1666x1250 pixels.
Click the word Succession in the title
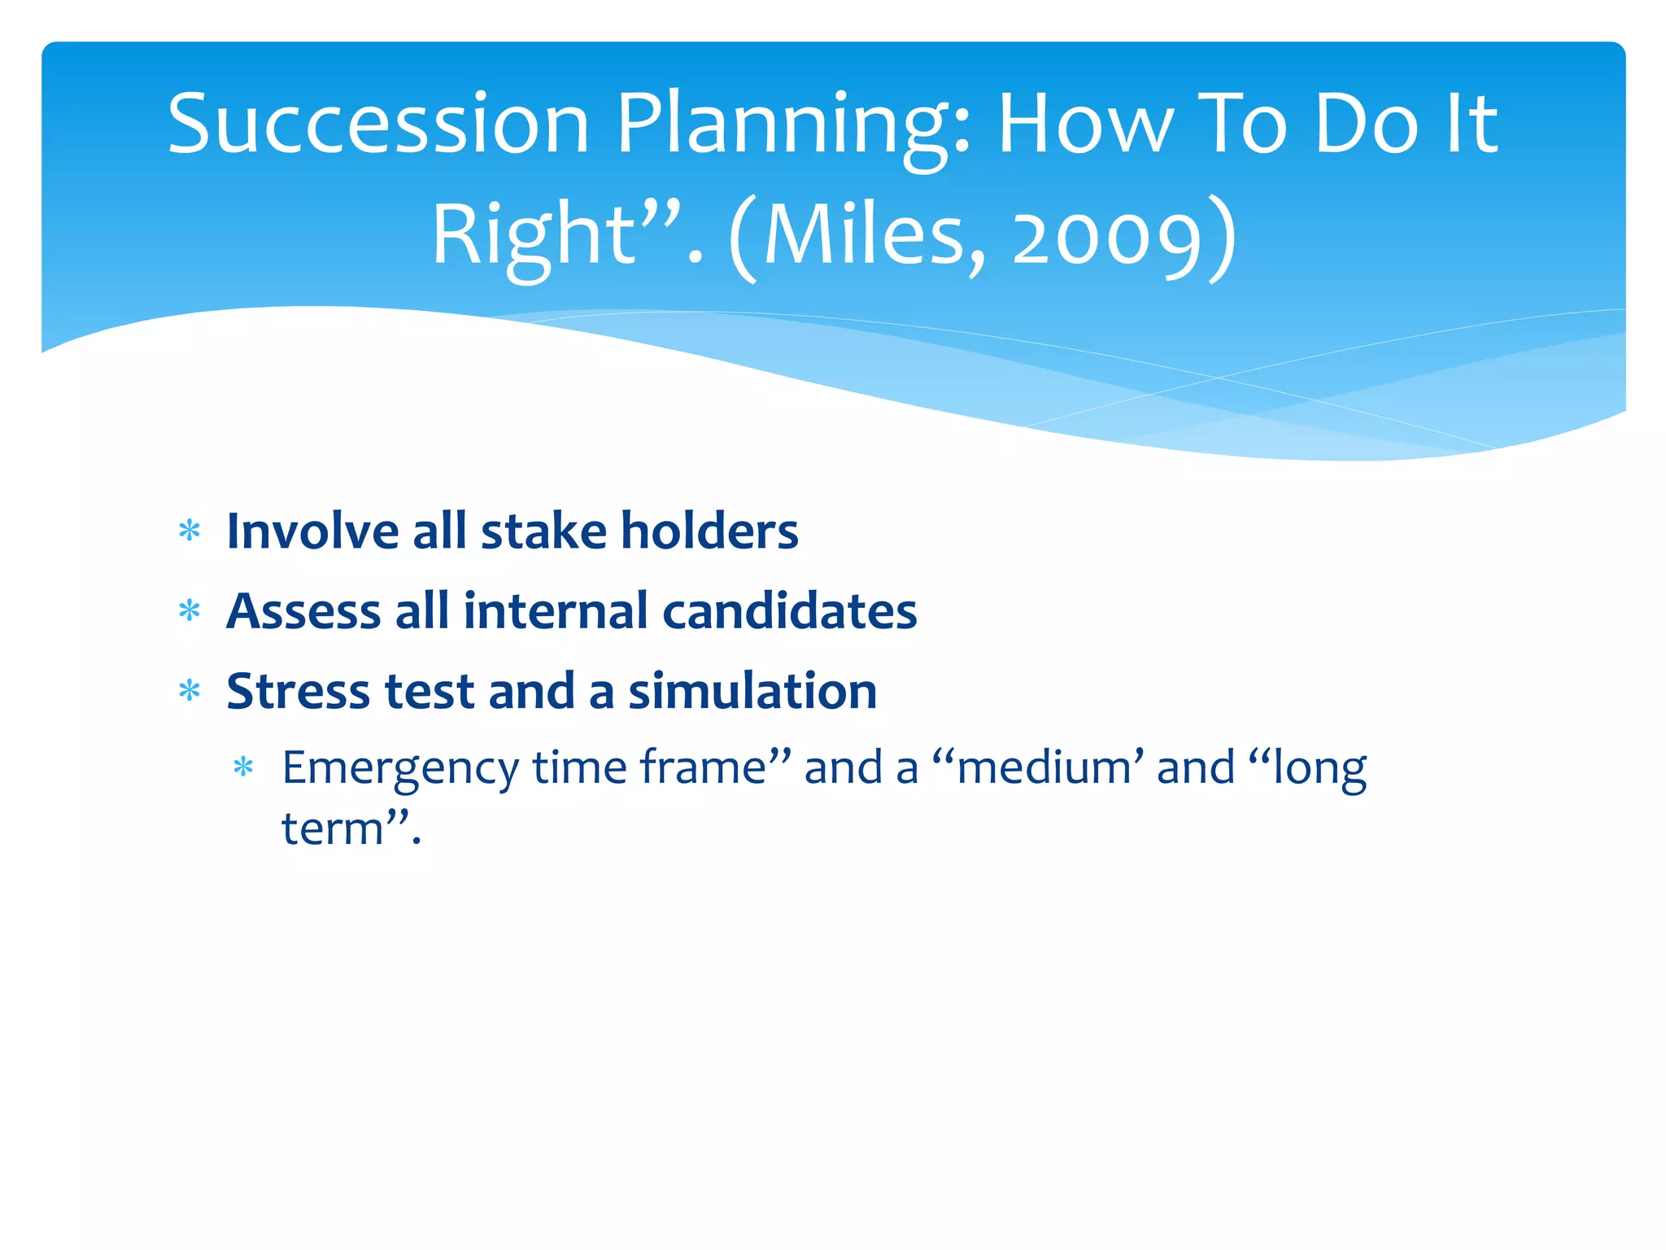(378, 124)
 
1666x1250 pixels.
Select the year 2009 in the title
(1107, 238)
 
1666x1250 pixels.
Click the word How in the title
(1086, 124)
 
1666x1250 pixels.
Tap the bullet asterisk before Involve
(190, 531)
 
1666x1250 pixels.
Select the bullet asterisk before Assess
(190, 610)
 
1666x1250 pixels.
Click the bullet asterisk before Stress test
(190, 691)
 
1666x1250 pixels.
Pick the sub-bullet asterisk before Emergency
(243, 767)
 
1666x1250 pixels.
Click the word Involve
(312, 531)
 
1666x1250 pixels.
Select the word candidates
(789, 611)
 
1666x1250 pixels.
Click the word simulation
(752, 691)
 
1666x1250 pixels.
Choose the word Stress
(298, 691)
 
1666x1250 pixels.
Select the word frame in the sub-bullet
(703, 767)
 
